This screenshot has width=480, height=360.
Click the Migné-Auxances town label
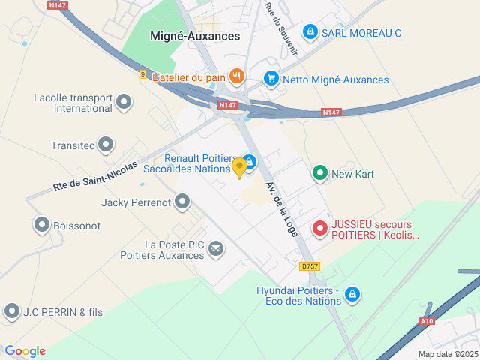pos(195,35)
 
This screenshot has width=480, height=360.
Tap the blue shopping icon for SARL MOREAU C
pos(310,32)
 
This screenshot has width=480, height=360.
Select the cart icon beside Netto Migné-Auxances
pos(271,79)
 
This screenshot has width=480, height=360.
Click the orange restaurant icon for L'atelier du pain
pos(237,76)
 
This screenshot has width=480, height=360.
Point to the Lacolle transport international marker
pos(124,101)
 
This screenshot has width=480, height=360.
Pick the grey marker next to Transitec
pos(106,144)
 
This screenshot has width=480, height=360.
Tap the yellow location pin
pos(239,167)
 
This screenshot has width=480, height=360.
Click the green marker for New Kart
pos(320,174)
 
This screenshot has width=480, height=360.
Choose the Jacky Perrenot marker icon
pos(182,202)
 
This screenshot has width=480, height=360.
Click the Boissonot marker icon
pos(42,225)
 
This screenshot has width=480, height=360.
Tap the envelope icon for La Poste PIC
pos(216,248)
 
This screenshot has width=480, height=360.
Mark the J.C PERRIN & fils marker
pos(11,310)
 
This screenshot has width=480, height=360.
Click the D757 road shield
pos(309,266)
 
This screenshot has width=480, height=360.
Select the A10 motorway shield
pos(426,321)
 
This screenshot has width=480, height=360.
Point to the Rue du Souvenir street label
pos(281,28)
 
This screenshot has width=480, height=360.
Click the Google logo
pos(25,351)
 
